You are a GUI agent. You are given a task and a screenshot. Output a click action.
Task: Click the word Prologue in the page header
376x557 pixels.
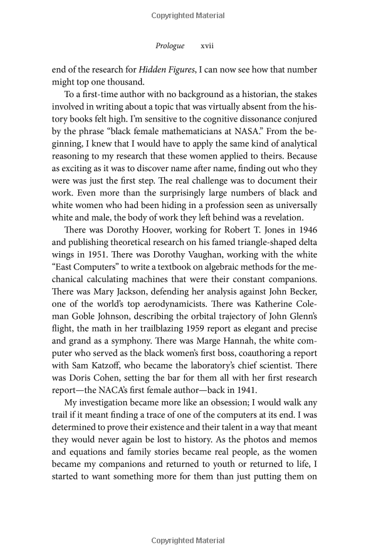click(169, 46)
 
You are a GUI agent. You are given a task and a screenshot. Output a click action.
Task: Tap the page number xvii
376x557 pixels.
click(207, 46)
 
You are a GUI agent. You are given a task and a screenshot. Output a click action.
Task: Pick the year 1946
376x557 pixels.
click(305, 229)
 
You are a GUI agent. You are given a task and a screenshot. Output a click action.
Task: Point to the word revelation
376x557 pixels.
click(274, 217)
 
